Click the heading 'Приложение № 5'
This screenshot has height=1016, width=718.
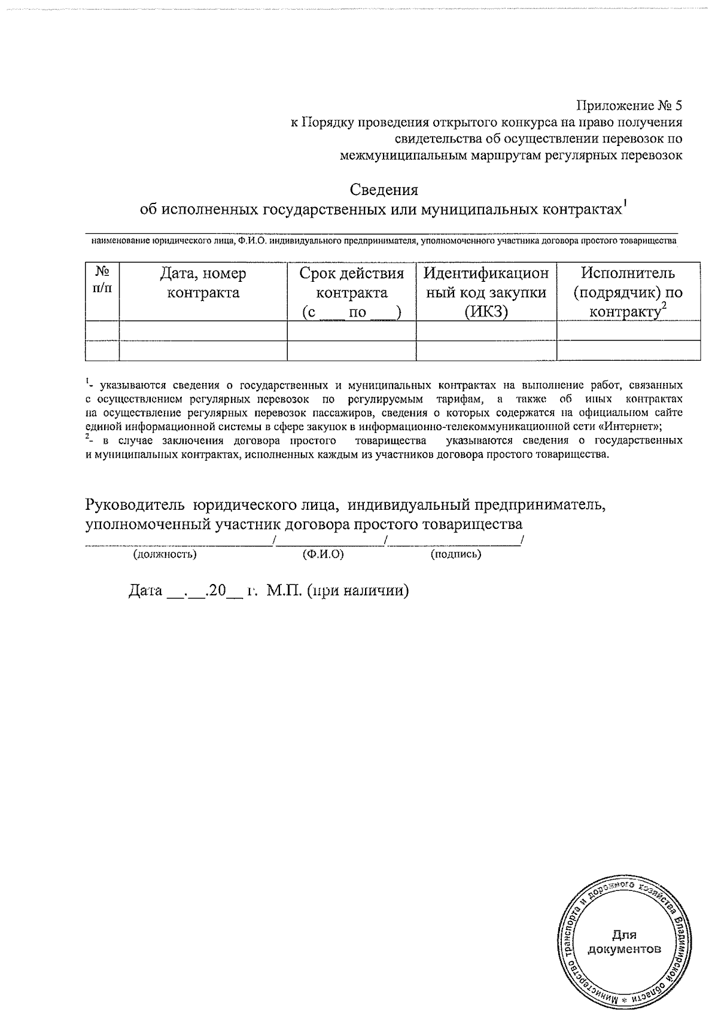click(x=628, y=107)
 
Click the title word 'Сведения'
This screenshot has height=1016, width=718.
click(x=384, y=190)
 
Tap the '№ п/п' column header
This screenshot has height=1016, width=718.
click(x=102, y=279)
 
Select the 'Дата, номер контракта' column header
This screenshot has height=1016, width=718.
click(x=203, y=283)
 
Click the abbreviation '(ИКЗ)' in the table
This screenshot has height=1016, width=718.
click(x=485, y=312)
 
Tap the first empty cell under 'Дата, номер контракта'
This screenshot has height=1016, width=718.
click(x=203, y=330)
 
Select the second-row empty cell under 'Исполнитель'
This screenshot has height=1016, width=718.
click(x=628, y=350)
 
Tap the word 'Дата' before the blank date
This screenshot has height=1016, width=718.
click(x=145, y=591)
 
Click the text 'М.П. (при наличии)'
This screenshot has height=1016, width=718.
click(x=338, y=591)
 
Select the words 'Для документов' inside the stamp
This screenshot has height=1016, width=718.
click(x=624, y=942)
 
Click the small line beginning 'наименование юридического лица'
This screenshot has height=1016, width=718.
click(x=383, y=241)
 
